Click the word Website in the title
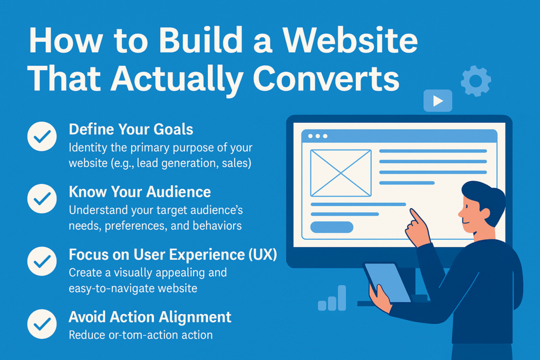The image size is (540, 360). click(351, 40)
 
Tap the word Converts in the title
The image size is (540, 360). click(326, 79)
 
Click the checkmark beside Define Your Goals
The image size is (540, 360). click(42, 137)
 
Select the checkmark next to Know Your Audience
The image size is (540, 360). click(42, 199)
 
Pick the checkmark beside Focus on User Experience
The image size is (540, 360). click(42, 261)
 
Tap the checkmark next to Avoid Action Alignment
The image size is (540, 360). click(42, 324)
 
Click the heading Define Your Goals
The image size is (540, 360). click(131, 130)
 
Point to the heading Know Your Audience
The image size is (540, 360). click(140, 192)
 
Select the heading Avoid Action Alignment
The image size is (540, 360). click(150, 317)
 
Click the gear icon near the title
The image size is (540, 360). click(476, 81)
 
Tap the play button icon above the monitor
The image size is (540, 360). click(438, 101)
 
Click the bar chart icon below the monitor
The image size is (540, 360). click(332, 298)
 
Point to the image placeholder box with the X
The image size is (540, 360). click(341, 173)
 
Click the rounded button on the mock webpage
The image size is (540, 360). click(332, 227)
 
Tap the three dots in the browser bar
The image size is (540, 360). click(317, 137)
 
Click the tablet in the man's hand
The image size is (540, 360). click(387, 283)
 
